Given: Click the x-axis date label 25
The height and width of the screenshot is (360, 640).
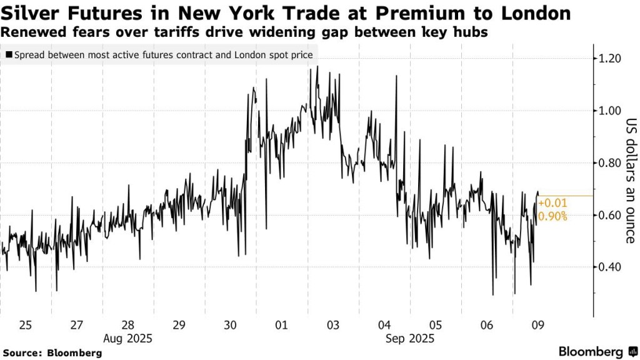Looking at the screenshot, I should coord(26,326).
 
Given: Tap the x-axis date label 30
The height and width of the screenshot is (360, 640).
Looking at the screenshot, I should coord(230,326).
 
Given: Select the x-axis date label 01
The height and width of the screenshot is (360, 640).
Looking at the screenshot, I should coord(281,326).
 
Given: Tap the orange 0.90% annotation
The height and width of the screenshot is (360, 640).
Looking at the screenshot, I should coord(552,217).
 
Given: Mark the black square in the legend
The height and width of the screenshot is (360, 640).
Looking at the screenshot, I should coord(8,55).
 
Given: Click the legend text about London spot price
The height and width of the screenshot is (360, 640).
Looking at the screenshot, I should coord(162,55).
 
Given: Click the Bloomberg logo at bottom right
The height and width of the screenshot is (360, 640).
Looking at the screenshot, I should coord(596,351).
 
